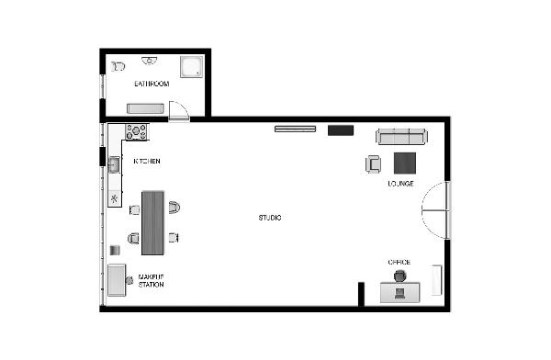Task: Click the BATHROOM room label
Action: [152, 84]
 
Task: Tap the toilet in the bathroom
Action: [118, 66]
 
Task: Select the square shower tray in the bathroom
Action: [192, 66]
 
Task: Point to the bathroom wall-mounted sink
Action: [150, 61]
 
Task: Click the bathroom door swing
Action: [179, 111]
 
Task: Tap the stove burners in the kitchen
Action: [136, 132]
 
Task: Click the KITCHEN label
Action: [147, 161]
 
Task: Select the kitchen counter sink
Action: [114, 164]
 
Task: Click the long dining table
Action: [152, 223]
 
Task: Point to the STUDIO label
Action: [270, 218]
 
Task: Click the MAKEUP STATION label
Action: [152, 280]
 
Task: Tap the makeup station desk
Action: [117, 280]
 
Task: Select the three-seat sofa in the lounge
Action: [401, 137]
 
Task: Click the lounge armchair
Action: [373, 164]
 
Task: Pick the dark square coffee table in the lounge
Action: [405, 163]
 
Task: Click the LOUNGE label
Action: [400, 184]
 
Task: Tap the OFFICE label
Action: [399, 263]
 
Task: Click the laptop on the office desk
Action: [399, 293]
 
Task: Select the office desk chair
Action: [399, 276]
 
